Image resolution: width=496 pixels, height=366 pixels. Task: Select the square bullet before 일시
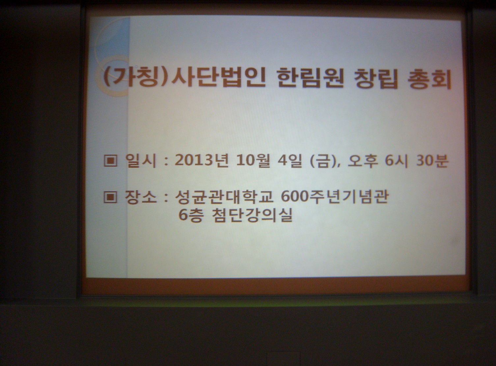(x=110, y=160)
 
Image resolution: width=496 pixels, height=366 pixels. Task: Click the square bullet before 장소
(x=110, y=197)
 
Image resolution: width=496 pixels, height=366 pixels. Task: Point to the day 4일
(x=289, y=160)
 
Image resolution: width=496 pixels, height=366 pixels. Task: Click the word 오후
(x=362, y=161)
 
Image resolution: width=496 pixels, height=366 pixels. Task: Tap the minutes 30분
(x=432, y=161)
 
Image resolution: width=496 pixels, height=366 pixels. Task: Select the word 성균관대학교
(x=224, y=197)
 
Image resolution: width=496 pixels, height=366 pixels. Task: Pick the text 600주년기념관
(x=335, y=196)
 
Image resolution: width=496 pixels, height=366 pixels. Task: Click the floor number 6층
(x=190, y=215)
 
